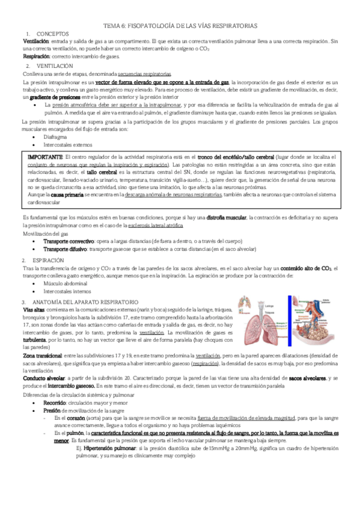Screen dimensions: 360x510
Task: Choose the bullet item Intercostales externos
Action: [67, 144]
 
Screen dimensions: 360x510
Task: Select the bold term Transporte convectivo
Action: [67, 240]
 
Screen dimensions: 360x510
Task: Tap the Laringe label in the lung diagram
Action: [270, 304]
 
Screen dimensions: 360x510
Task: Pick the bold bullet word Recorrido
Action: [58, 401]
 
